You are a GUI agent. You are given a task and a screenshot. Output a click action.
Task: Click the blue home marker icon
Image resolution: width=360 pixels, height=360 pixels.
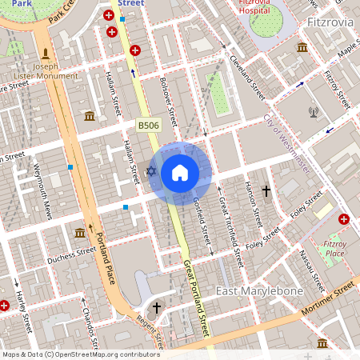coord(180,173)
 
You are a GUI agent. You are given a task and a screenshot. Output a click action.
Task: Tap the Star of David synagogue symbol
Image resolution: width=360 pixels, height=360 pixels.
coord(152,171)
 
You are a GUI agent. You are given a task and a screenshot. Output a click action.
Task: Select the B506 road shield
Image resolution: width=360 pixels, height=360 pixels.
coord(147,126)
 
